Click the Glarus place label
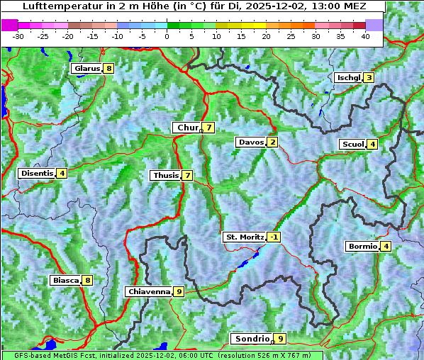click(87, 69)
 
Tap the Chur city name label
click(188, 128)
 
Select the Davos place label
click(251, 142)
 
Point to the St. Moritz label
click(245, 237)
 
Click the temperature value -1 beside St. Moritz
click(274, 237)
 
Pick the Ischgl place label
click(348, 77)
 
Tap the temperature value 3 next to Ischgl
click(369, 77)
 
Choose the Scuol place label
click(353, 144)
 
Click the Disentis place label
click(37, 173)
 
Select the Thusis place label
click(165, 175)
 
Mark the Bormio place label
click(362, 247)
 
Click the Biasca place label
click(65, 280)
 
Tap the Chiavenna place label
click(149, 291)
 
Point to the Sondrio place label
click(252, 339)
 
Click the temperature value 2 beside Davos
click(272, 142)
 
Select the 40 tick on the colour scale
click(365, 35)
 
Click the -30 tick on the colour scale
click(18, 35)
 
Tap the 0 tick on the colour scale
click(167, 35)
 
